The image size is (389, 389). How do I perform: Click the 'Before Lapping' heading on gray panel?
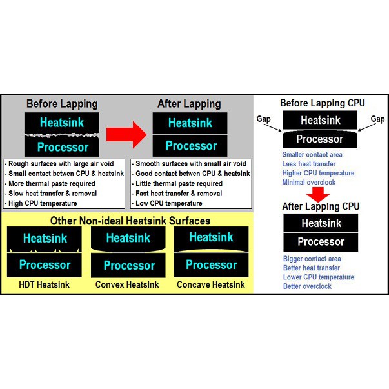tap(62, 104)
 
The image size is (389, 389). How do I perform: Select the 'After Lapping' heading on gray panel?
tap(189, 104)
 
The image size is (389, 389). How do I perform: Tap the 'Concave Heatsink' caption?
tap(212, 284)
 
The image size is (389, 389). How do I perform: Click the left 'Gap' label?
tap(264, 119)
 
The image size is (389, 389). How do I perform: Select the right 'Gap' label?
tap(377, 119)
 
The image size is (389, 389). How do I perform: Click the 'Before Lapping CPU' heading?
tap(323, 103)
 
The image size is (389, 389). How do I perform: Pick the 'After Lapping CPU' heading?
tap(321, 207)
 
